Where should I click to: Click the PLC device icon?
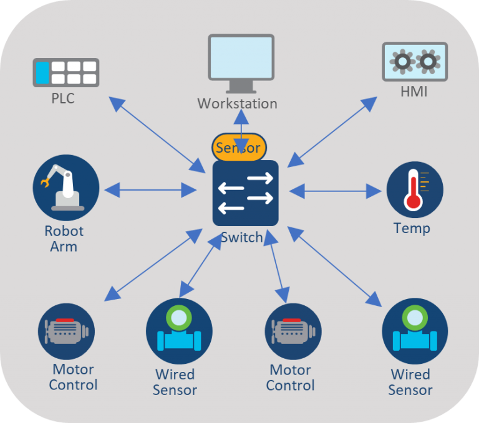pyautogui.click(x=65, y=72)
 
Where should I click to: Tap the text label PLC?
pyautogui.click(x=62, y=98)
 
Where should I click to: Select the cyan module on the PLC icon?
pyautogui.click(x=42, y=72)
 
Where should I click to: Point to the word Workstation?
pyautogui.click(x=237, y=103)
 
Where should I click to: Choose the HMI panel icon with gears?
pyautogui.click(x=414, y=62)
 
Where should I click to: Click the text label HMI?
pyautogui.click(x=415, y=92)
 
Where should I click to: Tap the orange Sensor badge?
pyautogui.click(x=239, y=148)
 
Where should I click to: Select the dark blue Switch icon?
pyautogui.click(x=245, y=192)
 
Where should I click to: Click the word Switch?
pyautogui.click(x=241, y=238)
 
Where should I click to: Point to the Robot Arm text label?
pyautogui.click(x=64, y=239)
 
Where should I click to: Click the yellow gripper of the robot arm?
pyautogui.click(x=45, y=183)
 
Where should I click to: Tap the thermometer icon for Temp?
pyautogui.click(x=415, y=189)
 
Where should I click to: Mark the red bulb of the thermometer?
pyautogui.click(x=412, y=202)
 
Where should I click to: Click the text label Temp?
pyautogui.click(x=412, y=228)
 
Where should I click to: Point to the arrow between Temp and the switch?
pyautogui.click(x=335, y=191)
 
